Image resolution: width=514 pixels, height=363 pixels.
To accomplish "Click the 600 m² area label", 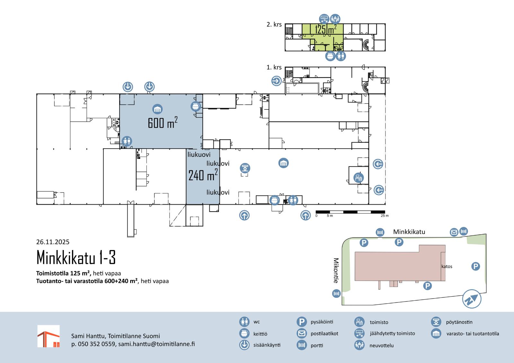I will (x=163, y=123).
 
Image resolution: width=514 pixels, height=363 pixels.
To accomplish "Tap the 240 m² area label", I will (x=203, y=175).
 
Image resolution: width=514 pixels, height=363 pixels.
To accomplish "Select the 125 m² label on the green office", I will (x=326, y=30).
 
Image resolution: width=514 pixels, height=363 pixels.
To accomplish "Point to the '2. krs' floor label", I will (x=274, y=24).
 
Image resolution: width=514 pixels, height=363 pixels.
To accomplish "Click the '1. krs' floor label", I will (x=274, y=67).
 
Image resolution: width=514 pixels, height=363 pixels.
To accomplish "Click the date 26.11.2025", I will (x=53, y=242).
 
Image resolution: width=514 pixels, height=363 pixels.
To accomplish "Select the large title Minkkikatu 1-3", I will (x=76, y=257).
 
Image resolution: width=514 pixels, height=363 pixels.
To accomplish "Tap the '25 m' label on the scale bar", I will (x=385, y=216).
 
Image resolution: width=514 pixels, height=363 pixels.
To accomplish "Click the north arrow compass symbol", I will (x=472, y=299).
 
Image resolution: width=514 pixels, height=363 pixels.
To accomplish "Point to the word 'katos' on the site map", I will (x=447, y=266).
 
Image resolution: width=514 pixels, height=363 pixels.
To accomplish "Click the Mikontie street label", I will (x=336, y=271).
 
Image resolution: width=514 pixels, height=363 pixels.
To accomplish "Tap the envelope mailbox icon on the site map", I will (x=454, y=232).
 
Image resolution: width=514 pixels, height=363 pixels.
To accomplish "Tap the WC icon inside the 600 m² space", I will (x=127, y=141).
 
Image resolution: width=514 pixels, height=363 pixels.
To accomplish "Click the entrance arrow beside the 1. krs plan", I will (x=276, y=81).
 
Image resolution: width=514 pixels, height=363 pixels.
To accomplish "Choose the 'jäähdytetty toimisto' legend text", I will (x=392, y=333).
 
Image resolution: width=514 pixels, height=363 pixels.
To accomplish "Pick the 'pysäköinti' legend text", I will (x=322, y=322).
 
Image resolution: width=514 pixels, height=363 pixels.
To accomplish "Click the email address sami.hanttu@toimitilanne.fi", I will (x=156, y=344).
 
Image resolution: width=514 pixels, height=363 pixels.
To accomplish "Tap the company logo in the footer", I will (x=49, y=336).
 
